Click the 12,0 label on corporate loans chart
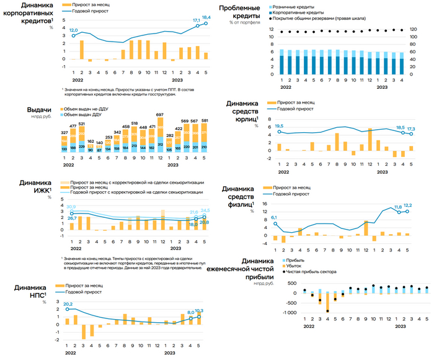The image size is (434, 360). point(73,30)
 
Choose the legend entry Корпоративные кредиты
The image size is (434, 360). point(297,12)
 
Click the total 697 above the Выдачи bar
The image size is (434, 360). point(160,115)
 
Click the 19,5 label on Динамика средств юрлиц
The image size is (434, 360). point(279,125)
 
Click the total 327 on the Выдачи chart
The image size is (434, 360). point(64,133)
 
